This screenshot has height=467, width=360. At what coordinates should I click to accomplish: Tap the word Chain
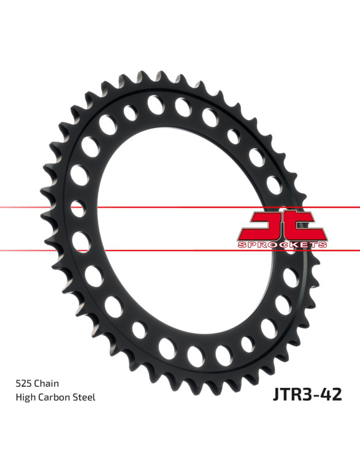[47, 383]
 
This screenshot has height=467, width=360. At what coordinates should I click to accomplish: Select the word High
[24, 398]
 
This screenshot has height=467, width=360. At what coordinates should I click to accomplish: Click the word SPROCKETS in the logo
[282, 245]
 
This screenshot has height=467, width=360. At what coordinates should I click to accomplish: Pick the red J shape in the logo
[266, 226]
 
